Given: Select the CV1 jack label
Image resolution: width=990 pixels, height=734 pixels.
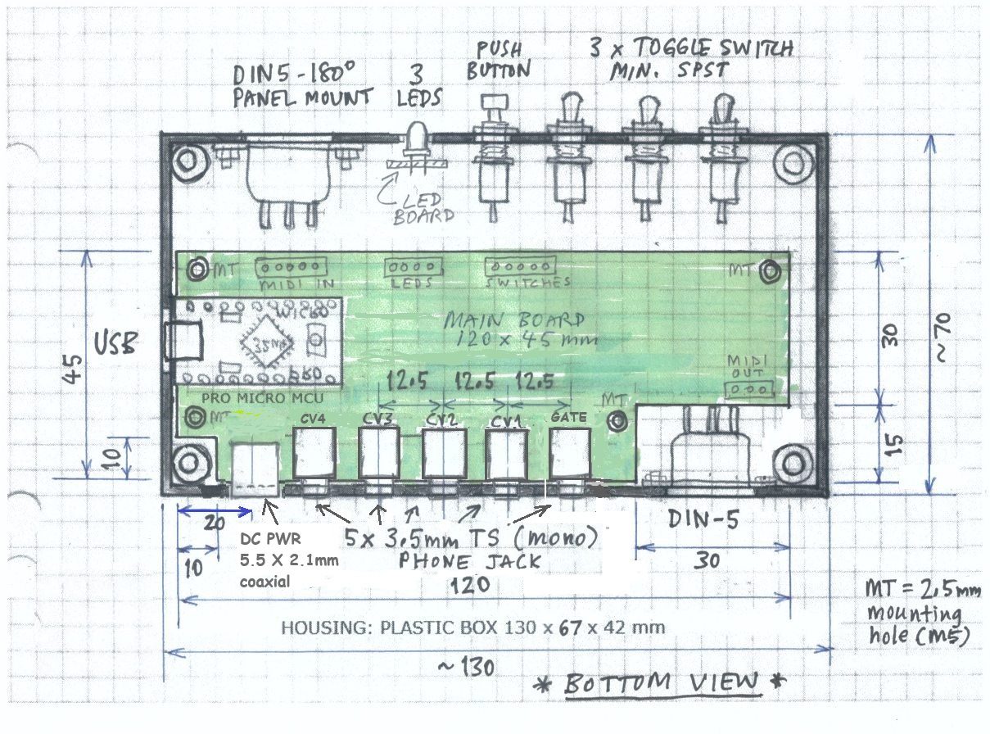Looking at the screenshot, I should click(x=502, y=419).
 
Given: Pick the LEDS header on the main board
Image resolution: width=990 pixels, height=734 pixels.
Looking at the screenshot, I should click(x=413, y=268).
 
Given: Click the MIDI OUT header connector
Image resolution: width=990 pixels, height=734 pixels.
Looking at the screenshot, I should click(x=750, y=387).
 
